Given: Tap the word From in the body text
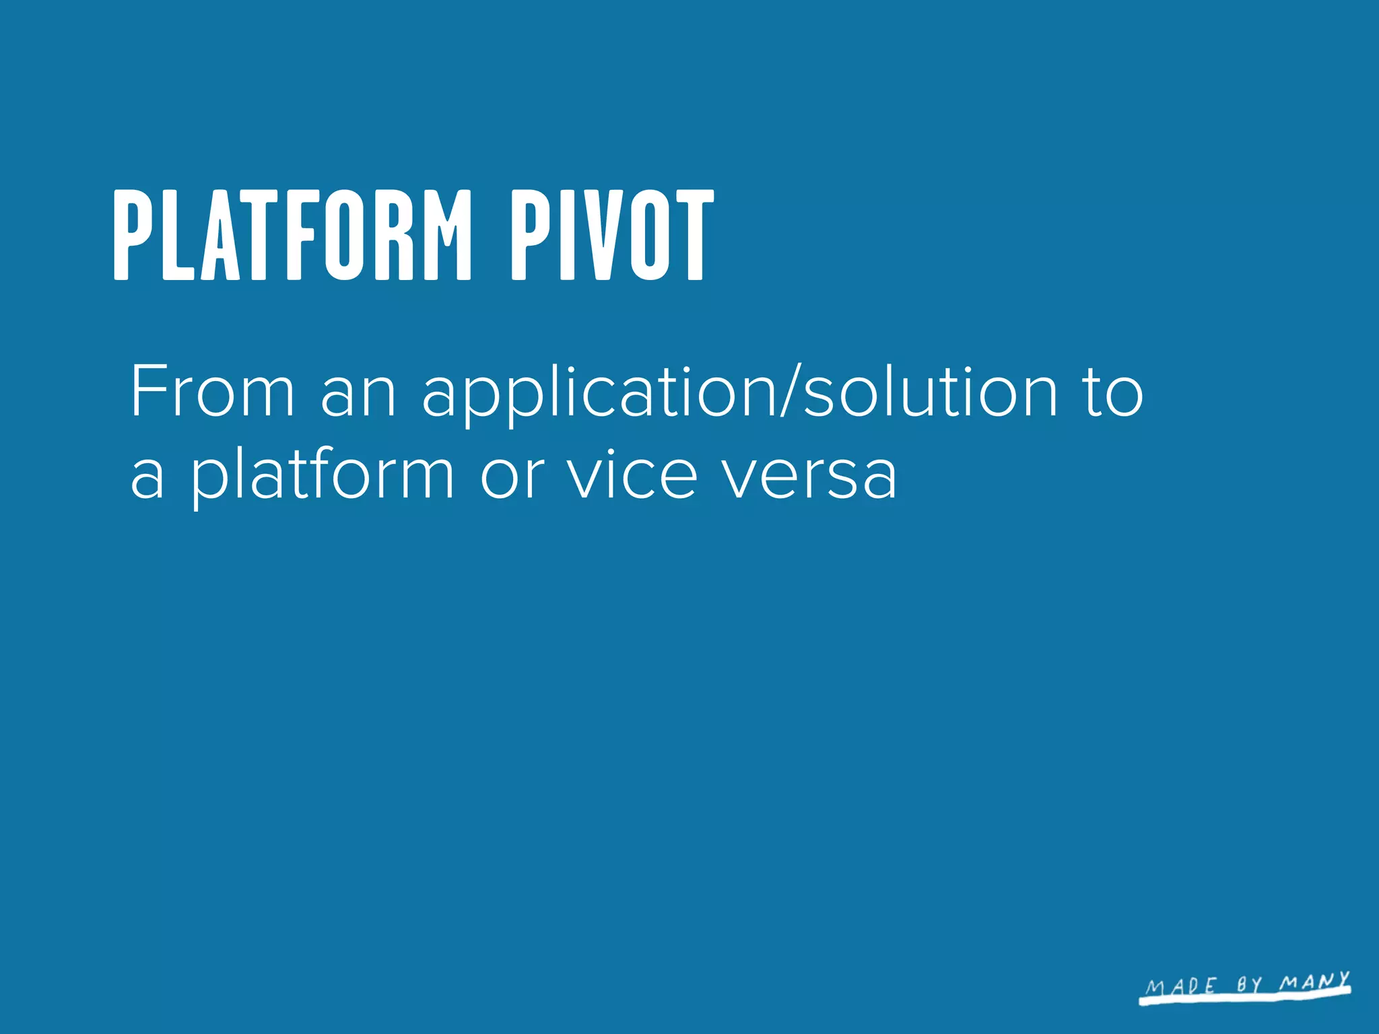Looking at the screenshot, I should pyautogui.click(x=212, y=391).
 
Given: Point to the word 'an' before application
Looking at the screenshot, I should pyautogui.click(x=358, y=397).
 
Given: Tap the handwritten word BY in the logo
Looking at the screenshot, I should pyautogui.click(x=1249, y=985).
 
